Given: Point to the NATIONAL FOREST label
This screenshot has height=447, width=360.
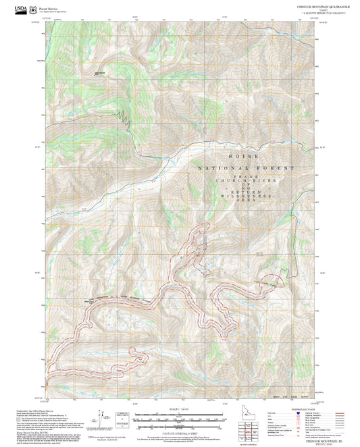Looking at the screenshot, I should click(x=246, y=167).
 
